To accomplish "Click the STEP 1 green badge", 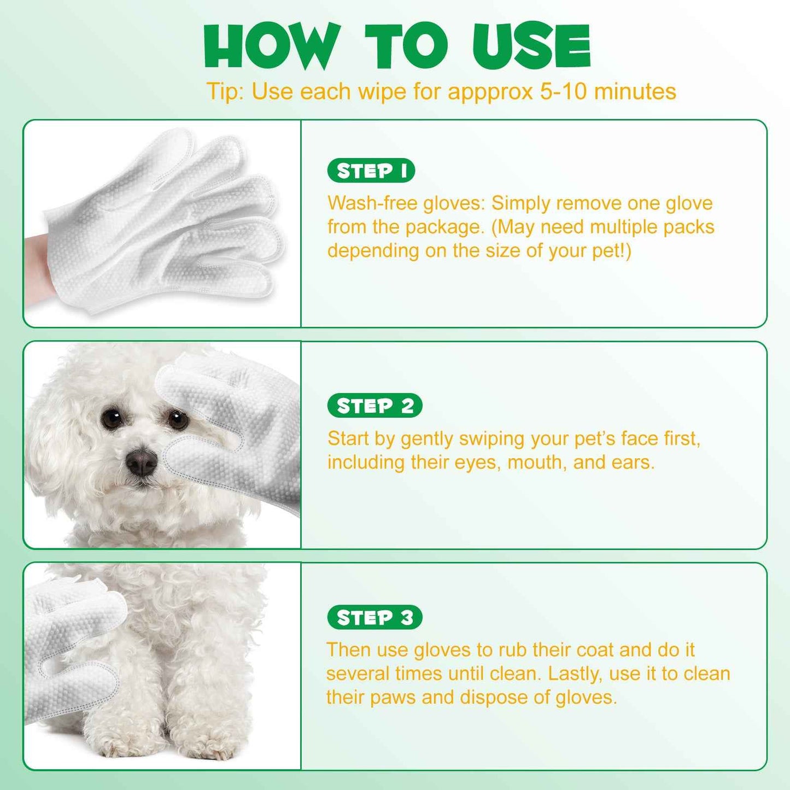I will [371, 171].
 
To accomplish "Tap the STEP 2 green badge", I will [374, 406].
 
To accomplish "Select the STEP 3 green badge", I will [374, 617].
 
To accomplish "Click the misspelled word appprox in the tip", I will [490, 92].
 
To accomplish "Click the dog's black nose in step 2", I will [142, 463].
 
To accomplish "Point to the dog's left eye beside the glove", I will [178, 420].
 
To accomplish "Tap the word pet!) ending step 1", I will [612, 251].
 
